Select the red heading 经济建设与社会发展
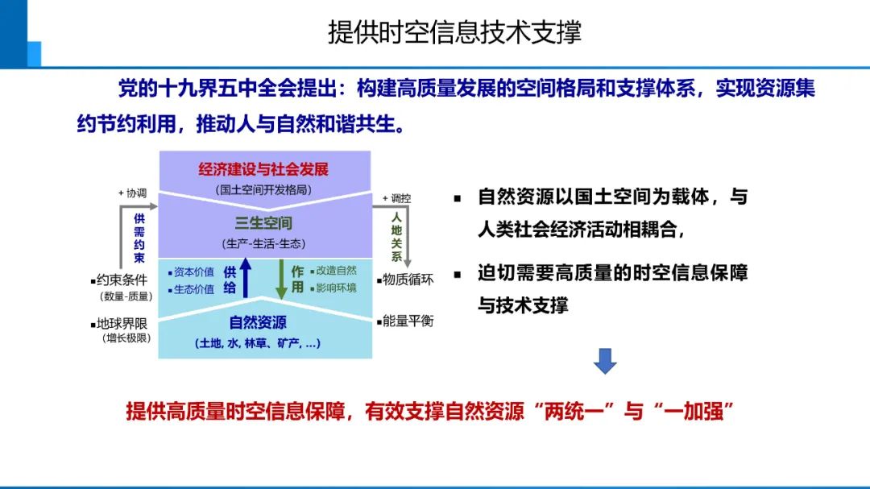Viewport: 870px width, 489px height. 263,170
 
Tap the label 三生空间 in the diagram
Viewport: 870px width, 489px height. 263,223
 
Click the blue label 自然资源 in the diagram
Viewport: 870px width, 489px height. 258,322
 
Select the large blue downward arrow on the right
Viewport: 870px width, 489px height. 605,361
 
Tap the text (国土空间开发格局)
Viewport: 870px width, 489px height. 263,190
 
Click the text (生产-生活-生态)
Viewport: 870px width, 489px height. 263,242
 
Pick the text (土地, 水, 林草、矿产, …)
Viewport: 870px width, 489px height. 258,343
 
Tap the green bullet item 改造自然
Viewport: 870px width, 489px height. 333,271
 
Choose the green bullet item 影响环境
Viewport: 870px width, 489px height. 333,288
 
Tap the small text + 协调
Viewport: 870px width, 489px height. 132,193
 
